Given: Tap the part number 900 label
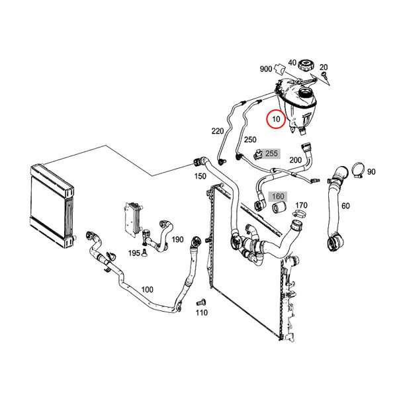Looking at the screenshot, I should click(x=266, y=69).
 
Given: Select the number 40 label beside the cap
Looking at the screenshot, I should click(x=292, y=63).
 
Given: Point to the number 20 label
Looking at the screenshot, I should click(x=324, y=67).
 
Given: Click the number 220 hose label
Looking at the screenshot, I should click(x=218, y=131).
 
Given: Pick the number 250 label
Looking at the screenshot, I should click(x=249, y=140).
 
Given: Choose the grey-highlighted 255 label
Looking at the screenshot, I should click(x=271, y=154).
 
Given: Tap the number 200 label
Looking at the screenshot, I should click(x=295, y=160).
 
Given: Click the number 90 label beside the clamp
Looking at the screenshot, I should click(x=371, y=172).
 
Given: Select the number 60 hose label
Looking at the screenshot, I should click(x=345, y=206).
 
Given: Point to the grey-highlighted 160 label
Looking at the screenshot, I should click(x=278, y=197).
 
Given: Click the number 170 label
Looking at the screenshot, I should click(x=301, y=205).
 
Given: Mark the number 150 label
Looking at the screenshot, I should click(x=199, y=177).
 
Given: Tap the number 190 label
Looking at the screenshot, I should click(x=177, y=239).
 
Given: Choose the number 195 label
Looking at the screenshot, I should click(x=133, y=253).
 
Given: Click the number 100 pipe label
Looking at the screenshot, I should click(x=147, y=289).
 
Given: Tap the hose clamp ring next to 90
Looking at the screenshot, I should click(x=356, y=171).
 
